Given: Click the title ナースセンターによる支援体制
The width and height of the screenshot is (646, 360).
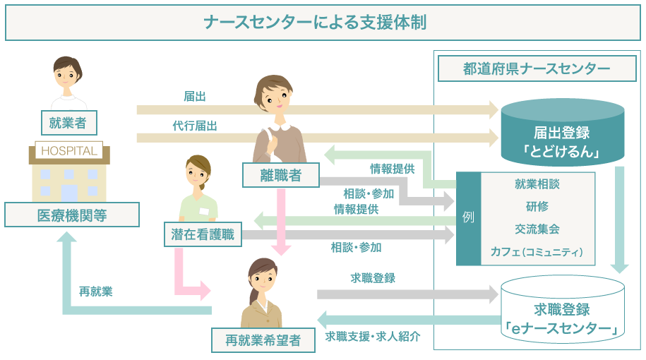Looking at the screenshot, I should [323, 23].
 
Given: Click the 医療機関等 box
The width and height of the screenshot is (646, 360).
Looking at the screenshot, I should [72, 215].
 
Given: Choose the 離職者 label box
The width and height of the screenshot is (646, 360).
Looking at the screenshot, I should [281, 175].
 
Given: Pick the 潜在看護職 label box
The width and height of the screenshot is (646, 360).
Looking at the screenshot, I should [202, 235].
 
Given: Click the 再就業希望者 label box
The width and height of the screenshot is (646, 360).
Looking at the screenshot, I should [263, 340].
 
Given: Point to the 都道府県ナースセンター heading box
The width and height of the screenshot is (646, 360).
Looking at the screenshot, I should [537, 68].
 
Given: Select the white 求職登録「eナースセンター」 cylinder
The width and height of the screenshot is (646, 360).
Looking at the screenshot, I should [562, 311].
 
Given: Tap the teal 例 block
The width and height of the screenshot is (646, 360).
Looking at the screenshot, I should [468, 218].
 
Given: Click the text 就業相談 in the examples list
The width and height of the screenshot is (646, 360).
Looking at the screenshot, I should [537, 184].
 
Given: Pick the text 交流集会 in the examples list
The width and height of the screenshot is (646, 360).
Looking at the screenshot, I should [537, 229].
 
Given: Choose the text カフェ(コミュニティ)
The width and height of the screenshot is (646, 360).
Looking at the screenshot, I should [537, 251].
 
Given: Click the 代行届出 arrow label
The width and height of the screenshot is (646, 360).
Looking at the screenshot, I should [195, 125].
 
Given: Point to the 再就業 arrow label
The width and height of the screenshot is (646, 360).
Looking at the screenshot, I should [96, 291].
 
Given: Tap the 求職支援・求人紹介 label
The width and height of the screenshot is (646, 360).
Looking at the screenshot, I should [373, 336].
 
